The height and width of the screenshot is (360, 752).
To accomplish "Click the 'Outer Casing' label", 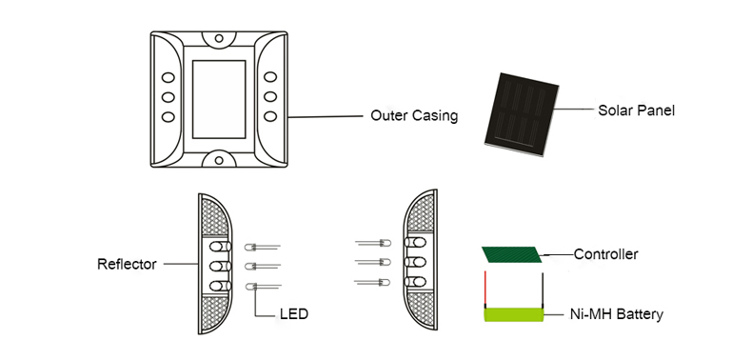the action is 414,115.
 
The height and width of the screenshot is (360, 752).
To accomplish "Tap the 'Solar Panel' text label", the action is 636,110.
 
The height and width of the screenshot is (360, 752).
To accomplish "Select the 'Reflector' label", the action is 127,264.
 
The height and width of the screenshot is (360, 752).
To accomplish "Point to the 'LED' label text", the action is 293,314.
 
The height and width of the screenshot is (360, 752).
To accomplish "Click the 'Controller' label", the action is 605,254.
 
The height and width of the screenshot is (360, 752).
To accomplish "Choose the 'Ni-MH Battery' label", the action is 616,314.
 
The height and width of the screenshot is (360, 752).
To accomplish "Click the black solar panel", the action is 522,114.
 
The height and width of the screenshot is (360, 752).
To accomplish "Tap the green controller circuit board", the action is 512,254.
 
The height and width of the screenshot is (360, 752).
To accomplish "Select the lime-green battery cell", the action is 514,315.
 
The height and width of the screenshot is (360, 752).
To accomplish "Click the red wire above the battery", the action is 485,290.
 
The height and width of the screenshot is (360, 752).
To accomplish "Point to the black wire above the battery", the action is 543,290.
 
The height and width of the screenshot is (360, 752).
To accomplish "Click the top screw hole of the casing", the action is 219,38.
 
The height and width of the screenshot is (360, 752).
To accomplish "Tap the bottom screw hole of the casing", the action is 219,160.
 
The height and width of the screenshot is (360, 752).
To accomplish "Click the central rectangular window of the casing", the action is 219,99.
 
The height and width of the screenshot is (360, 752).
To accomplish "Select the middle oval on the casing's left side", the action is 168,97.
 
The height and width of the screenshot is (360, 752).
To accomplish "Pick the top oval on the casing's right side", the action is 270,77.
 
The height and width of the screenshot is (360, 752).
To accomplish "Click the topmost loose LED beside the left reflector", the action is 262,248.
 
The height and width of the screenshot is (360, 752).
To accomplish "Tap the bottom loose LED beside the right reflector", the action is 372,282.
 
